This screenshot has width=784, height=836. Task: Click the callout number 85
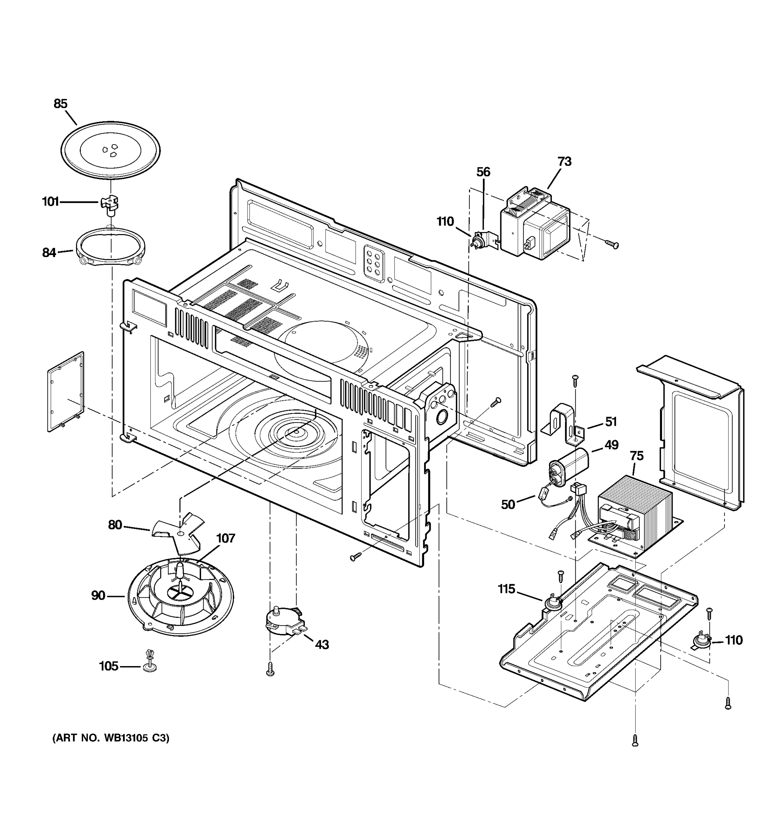click(61, 103)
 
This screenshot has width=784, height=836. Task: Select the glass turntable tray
click(110, 150)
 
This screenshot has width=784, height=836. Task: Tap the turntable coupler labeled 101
click(109, 204)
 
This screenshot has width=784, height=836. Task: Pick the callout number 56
click(483, 172)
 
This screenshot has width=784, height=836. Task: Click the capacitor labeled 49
click(568, 467)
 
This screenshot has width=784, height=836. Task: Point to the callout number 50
click(508, 505)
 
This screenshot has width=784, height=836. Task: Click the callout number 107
click(225, 538)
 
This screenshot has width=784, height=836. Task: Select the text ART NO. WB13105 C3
click(110, 738)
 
